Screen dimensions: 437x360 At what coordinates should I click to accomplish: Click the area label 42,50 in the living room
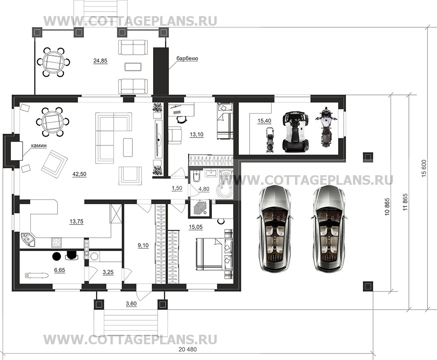[x=79, y=174]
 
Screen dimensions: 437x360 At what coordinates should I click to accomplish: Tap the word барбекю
[x=187, y=58]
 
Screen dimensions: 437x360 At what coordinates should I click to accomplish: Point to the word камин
[x=39, y=145]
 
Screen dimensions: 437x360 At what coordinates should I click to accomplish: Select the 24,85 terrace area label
[x=100, y=60]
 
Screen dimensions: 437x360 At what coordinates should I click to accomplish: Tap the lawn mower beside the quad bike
[x=269, y=140]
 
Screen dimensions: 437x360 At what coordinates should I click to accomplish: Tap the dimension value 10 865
[x=387, y=206]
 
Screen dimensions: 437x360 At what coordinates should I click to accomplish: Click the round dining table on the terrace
[x=53, y=62]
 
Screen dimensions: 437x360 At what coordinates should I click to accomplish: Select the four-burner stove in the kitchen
[x=57, y=242]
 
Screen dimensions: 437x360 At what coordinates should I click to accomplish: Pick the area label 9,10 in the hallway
[x=143, y=246]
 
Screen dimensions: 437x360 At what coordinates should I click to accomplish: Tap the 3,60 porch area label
[x=131, y=304]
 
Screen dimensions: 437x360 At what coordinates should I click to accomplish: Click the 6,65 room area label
[x=60, y=270]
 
